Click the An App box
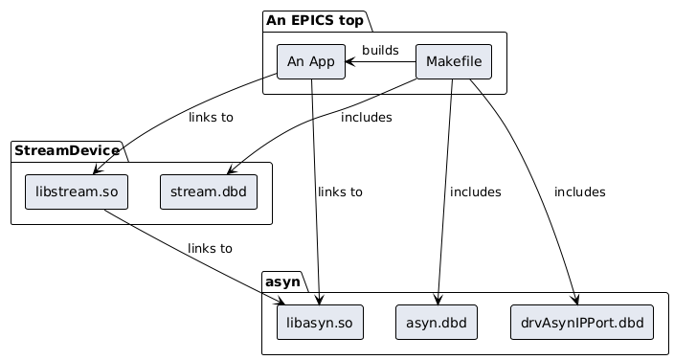click(310, 62)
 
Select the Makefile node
click(454, 62)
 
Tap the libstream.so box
click(77, 191)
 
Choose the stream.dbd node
click(208, 191)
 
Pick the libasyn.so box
click(320, 323)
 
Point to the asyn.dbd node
click(436, 323)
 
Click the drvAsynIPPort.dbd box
click(582, 323)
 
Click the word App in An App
click(322, 62)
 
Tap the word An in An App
click(296, 62)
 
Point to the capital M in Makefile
click(432, 62)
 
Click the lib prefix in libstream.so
click(43, 191)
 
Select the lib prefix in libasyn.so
click(294, 323)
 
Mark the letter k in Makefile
click(451, 62)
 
